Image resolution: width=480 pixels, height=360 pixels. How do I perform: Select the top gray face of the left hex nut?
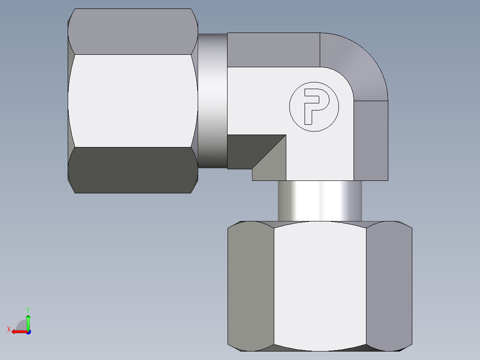tap(133, 32)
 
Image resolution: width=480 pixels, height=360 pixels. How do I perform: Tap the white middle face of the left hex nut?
tap(133, 101)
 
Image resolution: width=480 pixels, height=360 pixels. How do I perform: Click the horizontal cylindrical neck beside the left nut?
tap(212, 101)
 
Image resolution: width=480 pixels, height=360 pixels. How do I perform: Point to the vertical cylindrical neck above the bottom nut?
tap(320, 200)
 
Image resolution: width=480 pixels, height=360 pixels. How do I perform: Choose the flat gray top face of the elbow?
tap(273, 49)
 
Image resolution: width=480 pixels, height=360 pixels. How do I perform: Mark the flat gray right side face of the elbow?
tap(370, 140)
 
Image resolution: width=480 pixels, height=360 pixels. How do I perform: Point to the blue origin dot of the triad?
tap(28, 331)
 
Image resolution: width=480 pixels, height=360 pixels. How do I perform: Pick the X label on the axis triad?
tap(9, 330)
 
